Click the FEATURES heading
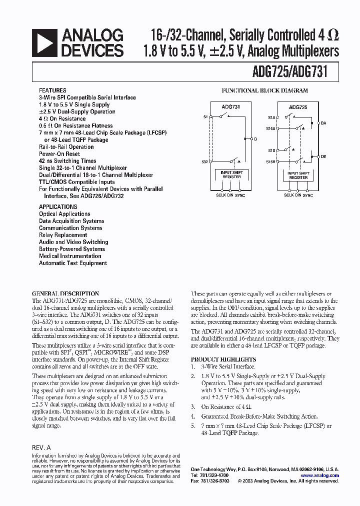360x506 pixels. [x=51, y=90]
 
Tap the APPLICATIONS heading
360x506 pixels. [x=58, y=206]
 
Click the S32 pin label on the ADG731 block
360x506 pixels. [x=205, y=161]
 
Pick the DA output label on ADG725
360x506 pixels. [x=323, y=122]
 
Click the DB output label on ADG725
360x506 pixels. [x=323, y=156]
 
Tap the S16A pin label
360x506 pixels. [x=271, y=128]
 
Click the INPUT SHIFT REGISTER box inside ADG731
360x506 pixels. [x=230, y=175]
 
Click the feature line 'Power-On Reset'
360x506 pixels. [x=59, y=154]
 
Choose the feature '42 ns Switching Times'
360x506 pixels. [x=67, y=161]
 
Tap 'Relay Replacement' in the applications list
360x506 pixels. [x=63, y=235]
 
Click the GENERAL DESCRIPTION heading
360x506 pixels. [x=65, y=293]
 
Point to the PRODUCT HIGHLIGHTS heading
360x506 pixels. [x=223, y=359]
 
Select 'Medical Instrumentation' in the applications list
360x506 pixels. [x=70, y=256]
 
